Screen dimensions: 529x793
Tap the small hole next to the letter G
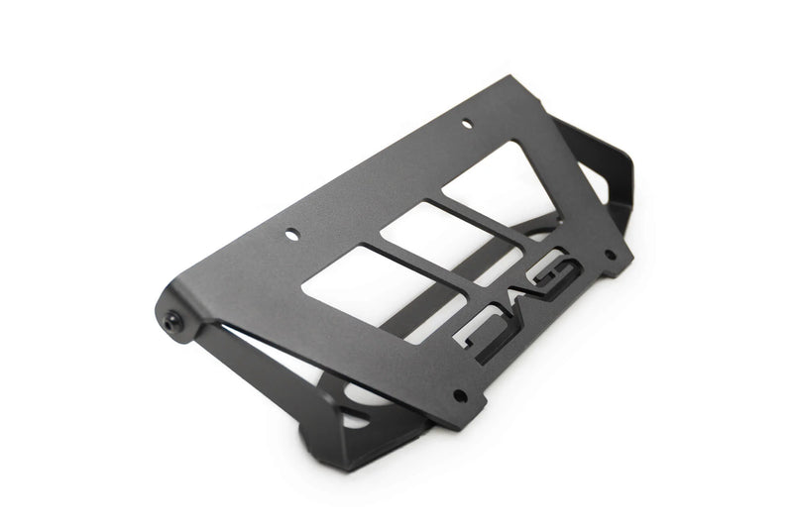[x=610, y=254]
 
